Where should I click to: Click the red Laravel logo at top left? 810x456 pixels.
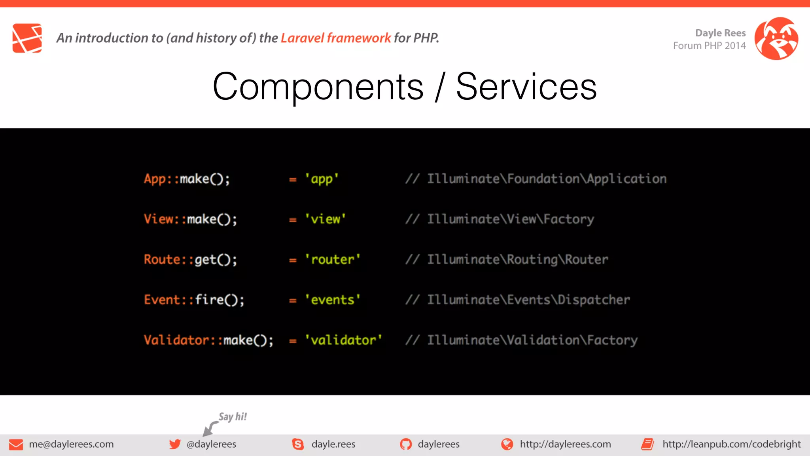pyautogui.click(x=27, y=38)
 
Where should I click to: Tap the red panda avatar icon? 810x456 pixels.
pyautogui.click(x=776, y=38)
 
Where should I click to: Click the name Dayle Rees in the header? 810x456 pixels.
pyautogui.click(x=720, y=33)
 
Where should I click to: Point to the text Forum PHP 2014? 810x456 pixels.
pyautogui.click(x=709, y=46)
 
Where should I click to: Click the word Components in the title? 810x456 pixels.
pyautogui.click(x=318, y=87)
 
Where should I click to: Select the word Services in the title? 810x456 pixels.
pyautogui.click(x=526, y=87)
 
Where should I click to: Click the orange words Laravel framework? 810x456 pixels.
pyautogui.click(x=335, y=38)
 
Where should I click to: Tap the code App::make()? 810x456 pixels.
pyautogui.click(x=187, y=179)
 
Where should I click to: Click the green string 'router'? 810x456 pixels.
pyautogui.click(x=332, y=260)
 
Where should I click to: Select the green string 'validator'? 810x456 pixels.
pyautogui.click(x=343, y=340)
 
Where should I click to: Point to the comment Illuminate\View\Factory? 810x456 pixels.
pyautogui.click(x=510, y=219)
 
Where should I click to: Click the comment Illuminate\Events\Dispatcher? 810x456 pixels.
pyautogui.click(x=528, y=300)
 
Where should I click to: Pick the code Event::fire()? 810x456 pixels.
pyautogui.click(x=194, y=300)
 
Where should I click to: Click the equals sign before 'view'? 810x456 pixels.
pyautogui.click(x=293, y=220)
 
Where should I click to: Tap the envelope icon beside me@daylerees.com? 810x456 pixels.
pyautogui.click(x=16, y=445)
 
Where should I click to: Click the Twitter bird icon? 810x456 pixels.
pyautogui.click(x=175, y=444)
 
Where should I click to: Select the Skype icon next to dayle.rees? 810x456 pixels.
pyautogui.click(x=298, y=444)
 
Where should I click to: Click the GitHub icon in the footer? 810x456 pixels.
pyautogui.click(x=405, y=444)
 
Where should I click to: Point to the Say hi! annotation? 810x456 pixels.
pyautogui.click(x=233, y=417)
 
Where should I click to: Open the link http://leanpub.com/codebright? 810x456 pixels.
pyautogui.click(x=731, y=444)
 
